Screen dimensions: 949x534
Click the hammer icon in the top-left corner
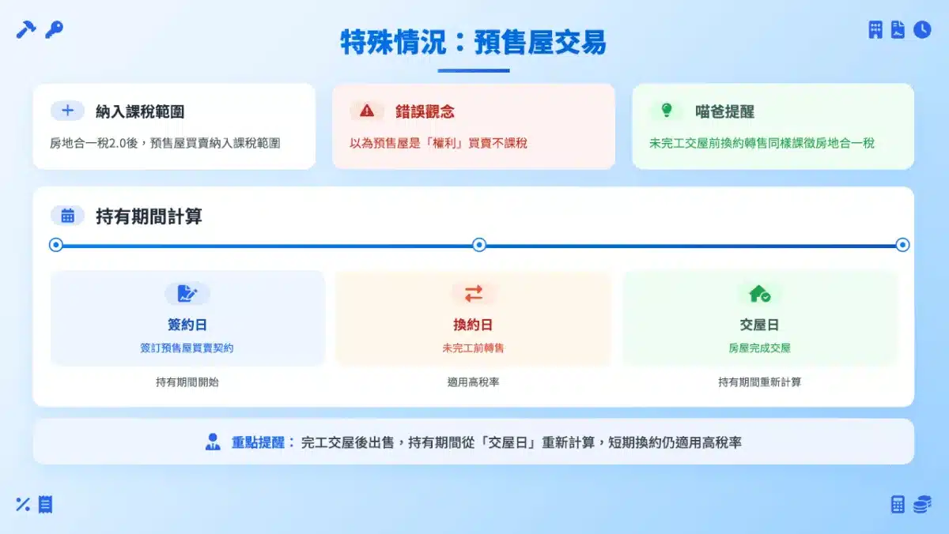(26, 29)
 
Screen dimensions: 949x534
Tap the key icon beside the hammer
(55, 29)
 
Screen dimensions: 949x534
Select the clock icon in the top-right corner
(922, 29)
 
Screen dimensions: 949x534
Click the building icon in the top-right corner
(875, 29)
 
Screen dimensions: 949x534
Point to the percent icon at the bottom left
(23, 505)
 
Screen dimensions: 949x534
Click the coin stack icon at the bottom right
(922, 505)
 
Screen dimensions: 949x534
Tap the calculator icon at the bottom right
(898, 505)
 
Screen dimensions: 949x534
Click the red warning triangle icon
(367, 111)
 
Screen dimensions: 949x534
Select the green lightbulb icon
(667, 111)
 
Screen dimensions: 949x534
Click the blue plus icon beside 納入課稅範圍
(67, 111)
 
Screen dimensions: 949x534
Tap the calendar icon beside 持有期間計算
(67, 216)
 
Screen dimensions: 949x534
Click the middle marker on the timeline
(479, 245)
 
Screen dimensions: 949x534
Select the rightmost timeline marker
(902, 245)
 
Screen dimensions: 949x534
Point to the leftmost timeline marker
(56, 245)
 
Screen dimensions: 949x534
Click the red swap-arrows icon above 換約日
(473, 294)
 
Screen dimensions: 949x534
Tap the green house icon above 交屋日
(760, 294)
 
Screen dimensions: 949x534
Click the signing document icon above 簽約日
(187, 294)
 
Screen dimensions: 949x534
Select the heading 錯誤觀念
(425, 111)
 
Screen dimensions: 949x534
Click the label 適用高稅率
(473, 382)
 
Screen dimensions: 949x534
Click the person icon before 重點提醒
(213, 442)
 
